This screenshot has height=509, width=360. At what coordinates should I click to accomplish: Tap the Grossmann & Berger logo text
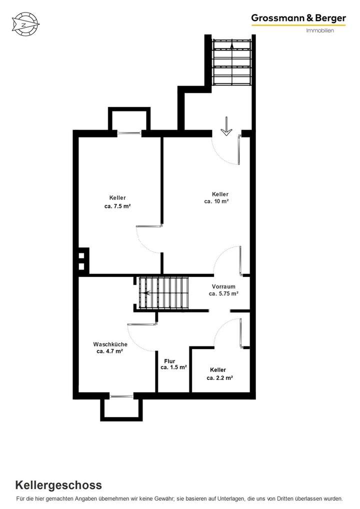click(x=298, y=18)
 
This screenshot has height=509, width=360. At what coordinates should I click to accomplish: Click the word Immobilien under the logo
click(x=320, y=30)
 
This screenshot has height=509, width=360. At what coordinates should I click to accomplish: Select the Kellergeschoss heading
click(x=58, y=484)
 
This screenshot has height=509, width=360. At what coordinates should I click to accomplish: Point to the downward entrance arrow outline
click(x=226, y=126)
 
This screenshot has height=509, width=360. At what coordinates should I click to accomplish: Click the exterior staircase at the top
click(x=231, y=62)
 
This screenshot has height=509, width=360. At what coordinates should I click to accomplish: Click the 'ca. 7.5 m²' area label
click(x=118, y=206)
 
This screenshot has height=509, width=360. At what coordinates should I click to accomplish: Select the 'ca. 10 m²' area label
click(x=216, y=201)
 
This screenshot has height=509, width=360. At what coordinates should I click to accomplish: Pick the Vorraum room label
click(x=223, y=286)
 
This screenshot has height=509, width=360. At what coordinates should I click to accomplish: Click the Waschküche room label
click(x=110, y=344)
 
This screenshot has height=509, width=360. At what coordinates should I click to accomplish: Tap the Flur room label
click(x=170, y=360)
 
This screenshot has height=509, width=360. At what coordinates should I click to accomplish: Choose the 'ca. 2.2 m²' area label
click(x=220, y=378)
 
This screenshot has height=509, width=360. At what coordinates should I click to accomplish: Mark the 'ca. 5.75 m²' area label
click(x=223, y=293)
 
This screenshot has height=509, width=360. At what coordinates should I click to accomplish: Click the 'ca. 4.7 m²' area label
click(x=110, y=351)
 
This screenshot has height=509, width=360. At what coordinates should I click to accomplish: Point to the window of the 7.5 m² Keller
click(x=129, y=132)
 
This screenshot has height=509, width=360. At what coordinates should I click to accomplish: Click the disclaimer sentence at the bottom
click(x=179, y=498)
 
